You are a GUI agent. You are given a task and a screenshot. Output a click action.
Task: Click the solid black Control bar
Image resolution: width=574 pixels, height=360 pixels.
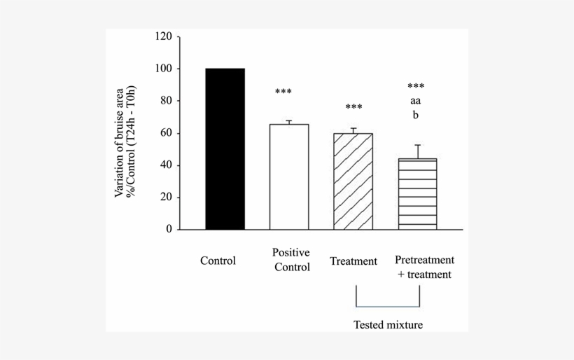tap(225, 148)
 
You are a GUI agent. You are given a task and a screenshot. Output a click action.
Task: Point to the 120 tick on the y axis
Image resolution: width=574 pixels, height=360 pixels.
tap(163, 36)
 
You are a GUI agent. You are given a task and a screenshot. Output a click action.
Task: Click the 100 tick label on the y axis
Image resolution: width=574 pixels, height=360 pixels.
tap(163, 69)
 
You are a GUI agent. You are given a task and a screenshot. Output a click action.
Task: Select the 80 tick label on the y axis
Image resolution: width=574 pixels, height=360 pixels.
tap(166, 101)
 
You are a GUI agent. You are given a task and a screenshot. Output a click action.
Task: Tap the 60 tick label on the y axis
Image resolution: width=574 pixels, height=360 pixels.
tap(166, 133)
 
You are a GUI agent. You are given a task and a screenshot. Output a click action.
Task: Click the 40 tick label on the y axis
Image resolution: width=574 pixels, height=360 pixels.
tap(166, 165)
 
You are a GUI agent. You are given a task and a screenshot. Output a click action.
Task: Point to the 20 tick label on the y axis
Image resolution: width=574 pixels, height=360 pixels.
tap(166, 198)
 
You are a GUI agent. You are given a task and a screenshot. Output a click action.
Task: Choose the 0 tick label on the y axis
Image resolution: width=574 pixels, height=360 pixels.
tap(169, 229)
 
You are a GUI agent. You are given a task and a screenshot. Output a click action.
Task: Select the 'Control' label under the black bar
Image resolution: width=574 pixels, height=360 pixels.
tap(218, 261)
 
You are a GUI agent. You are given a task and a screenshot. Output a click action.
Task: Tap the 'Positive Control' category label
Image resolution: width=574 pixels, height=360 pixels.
tap(291, 260)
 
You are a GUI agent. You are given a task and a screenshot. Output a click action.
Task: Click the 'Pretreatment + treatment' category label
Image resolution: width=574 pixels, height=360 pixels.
tap(424, 268)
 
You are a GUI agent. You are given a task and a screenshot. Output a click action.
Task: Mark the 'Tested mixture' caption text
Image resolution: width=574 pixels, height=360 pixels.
tap(388, 324)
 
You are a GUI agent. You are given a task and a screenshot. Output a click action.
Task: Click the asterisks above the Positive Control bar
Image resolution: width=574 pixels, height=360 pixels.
tap(283, 92)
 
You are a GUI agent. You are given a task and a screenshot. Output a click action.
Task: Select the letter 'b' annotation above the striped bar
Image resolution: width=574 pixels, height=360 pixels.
tap(416, 116)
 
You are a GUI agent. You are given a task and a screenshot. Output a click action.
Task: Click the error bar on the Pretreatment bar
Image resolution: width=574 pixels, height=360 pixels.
tap(417, 151)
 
